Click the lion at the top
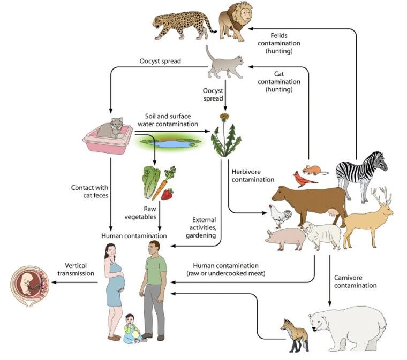pos(235,22)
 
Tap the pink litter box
pos(108,140)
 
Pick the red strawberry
pos(168,194)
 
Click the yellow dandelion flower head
pos(224,117)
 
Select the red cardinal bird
pos(304,179)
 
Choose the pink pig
pos(285,239)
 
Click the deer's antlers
pos(381,196)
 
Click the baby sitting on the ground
pos(133,328)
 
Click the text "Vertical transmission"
pos(76,270)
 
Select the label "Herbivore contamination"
pos(253,176)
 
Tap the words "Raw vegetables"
pos(140,213)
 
